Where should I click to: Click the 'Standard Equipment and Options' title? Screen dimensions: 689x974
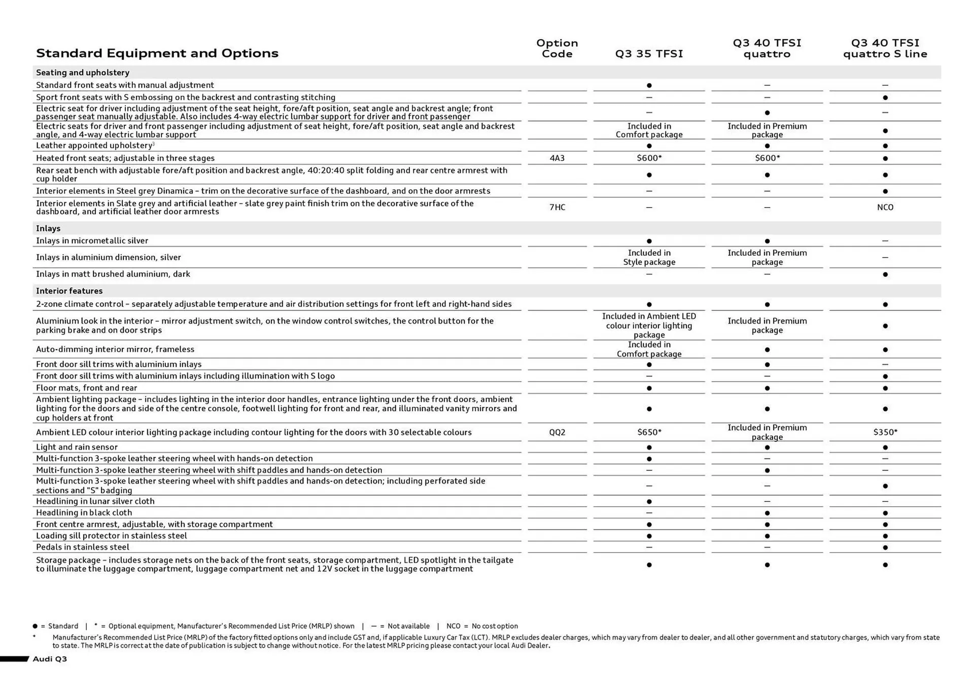click(157, 53)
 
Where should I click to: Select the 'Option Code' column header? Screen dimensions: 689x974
click(557, 48)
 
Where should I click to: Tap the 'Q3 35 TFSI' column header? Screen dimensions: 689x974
click(649, 54)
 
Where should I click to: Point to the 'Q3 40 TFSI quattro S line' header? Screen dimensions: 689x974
click(885, 48)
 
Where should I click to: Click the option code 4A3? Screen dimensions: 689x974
click(557, 158)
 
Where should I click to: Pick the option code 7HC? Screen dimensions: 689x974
click(557, 207)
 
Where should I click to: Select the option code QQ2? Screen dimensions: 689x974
click(557, 432)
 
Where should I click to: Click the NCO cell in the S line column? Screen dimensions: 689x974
click(885, 207)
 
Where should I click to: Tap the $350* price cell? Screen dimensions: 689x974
click(885, 432)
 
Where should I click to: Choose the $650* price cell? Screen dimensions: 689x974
click(649, 432)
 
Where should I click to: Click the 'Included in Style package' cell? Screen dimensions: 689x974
click(649, 257)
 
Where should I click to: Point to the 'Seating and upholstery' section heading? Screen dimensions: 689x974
click(83, 73)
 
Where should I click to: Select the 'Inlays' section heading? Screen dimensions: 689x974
click(48, 228)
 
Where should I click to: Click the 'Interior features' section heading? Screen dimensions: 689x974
click(69, 291)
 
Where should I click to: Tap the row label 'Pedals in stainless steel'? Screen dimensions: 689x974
click(83, 547)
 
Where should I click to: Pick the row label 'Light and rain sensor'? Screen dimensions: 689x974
click(77, 447)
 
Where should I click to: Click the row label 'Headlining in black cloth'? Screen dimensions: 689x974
click(84, 512)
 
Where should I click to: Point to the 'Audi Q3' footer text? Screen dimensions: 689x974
click(50, 659)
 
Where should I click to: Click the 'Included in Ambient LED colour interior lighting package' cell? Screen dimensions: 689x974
click(649, 325)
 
